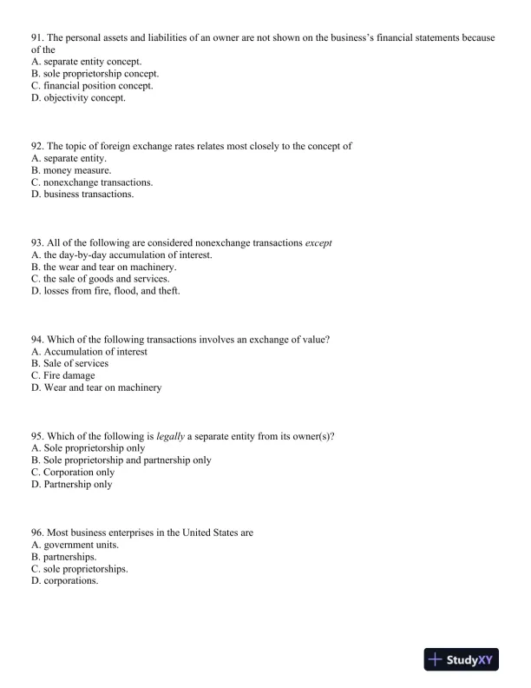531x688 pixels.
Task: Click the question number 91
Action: pos(37,37)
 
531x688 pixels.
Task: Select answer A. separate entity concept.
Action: pos(92,62)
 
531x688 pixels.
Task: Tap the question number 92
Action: pos(37,146)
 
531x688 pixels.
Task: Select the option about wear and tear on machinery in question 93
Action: pos(103,267)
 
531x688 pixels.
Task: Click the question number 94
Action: pos(37,339)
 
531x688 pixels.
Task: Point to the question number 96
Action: pos(37,532)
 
